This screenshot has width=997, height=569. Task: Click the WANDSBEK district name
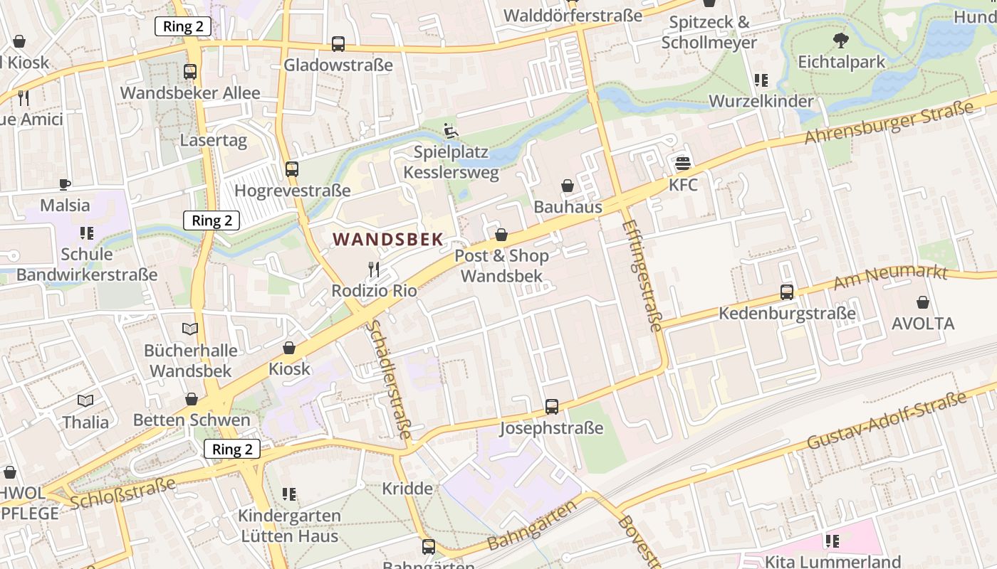pos(388,240)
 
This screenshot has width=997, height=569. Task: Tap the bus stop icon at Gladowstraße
pos(338,44)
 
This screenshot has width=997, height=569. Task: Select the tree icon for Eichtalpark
pos(841,41)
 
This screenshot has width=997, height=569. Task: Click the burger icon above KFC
pos(683,164)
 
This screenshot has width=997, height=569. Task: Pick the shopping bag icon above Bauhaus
pos(568,186)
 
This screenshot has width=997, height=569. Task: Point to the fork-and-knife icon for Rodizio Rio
pos(374,270)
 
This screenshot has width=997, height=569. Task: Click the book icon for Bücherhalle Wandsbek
pos(189,329)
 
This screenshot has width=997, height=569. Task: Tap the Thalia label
pos(85,422)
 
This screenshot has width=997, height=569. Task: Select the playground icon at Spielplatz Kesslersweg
pos(451,131)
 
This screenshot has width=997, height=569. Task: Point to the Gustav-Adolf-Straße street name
pos(887,420)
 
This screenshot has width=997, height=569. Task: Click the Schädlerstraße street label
pos(389,380)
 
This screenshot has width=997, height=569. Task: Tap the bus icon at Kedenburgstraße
pos(787,292)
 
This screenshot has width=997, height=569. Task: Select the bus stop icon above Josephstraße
pos(552,407)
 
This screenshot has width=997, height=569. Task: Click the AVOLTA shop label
pos(923,324)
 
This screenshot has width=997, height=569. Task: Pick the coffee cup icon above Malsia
pos(65,185)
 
